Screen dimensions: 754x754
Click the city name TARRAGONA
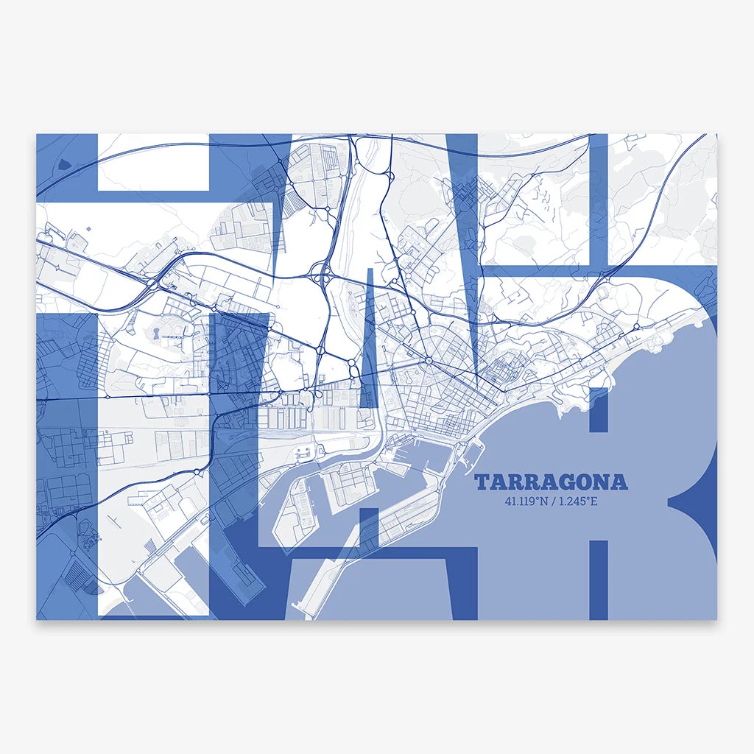(551, 483)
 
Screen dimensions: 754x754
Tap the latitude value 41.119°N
(527, 503)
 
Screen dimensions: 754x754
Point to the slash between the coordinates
(554, 503)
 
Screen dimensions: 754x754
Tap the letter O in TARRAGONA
(582, 483)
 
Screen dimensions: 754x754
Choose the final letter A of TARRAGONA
(619, 483)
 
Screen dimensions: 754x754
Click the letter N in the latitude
(546, 503)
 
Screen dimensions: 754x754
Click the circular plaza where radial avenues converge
(428, 360)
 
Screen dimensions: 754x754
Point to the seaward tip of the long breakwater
(296, 609)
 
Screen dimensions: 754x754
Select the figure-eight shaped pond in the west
(156, 334)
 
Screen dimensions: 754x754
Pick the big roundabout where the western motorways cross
(152, 282)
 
